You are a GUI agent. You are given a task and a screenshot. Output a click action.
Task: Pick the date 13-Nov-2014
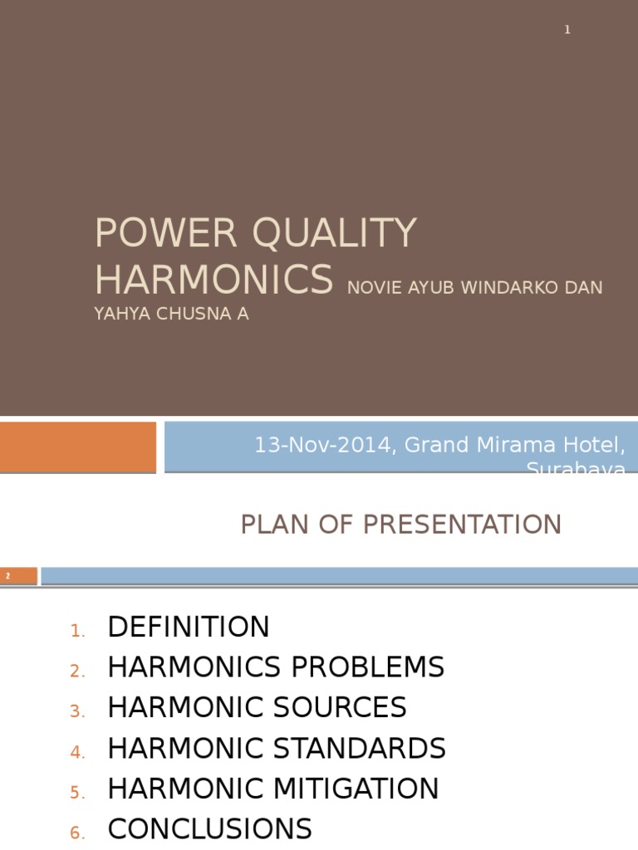325,445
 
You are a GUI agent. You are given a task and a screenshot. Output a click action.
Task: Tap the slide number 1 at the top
567,30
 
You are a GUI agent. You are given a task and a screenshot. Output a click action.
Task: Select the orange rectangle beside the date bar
77,447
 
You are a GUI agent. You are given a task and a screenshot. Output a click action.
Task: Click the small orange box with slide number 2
18,575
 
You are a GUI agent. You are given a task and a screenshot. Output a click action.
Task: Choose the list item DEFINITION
189,627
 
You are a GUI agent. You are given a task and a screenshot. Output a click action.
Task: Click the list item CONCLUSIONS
209,829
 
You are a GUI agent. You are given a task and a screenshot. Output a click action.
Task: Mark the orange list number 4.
77,753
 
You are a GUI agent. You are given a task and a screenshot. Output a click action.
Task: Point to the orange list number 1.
77,632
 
